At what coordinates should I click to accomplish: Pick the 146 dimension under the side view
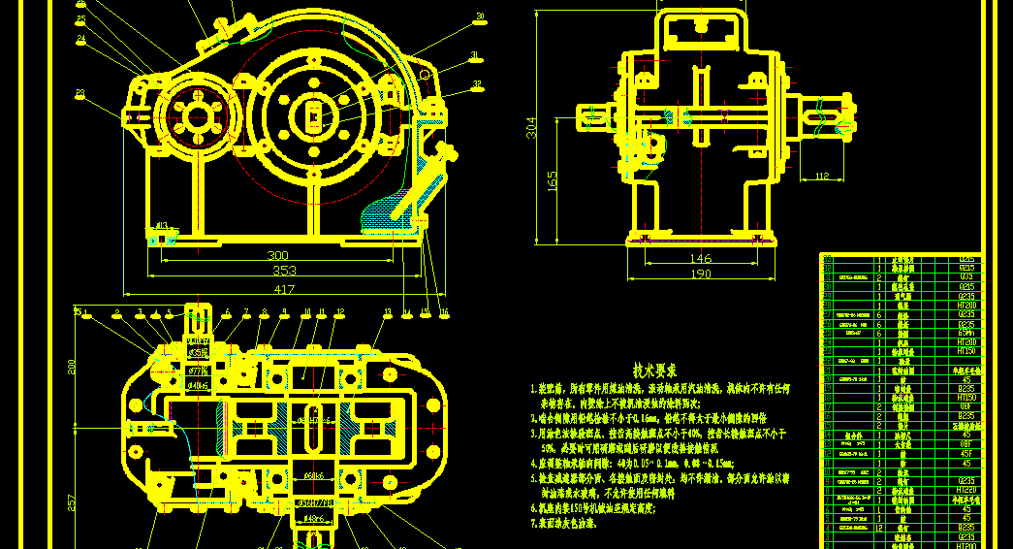[700, 259]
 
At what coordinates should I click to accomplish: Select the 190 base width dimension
[699, 274]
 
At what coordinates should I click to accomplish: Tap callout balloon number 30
[479, 16]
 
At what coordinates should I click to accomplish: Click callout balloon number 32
[478, 83]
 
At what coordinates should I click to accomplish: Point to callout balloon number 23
[79, 94]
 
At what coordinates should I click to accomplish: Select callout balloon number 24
[80, 40]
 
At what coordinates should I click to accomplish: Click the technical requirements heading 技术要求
[654, 371]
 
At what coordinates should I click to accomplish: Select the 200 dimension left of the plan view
[71, 366]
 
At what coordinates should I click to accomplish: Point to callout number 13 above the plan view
[388, 312]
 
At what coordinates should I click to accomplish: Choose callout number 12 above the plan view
[340, 312]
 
